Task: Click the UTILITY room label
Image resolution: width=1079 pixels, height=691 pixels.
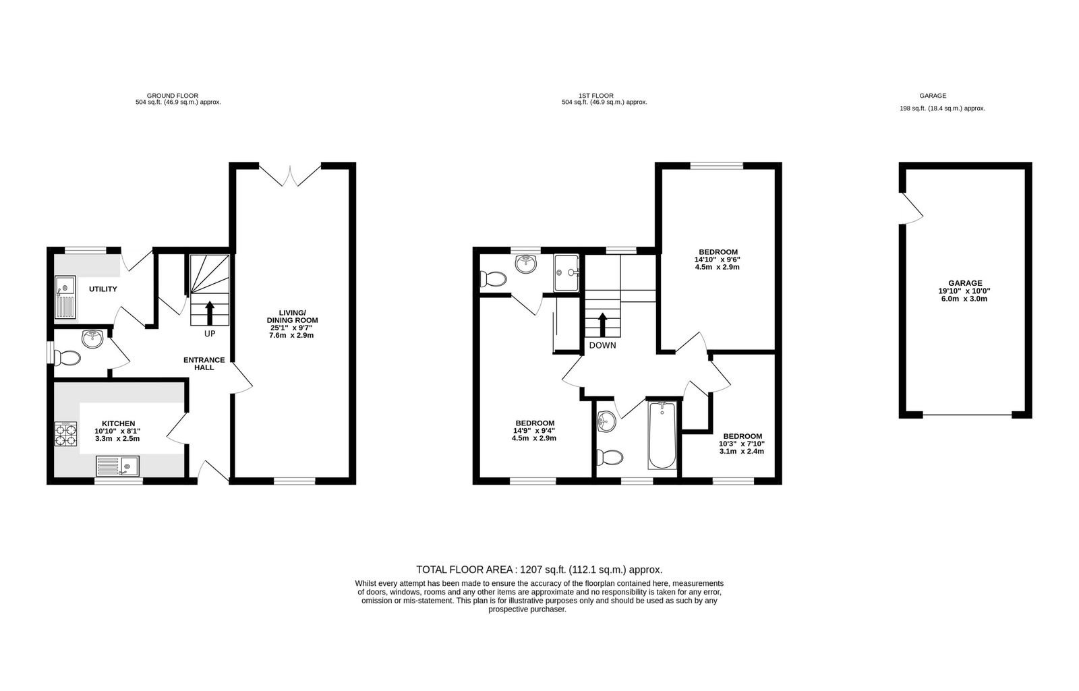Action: pyautogui.click(x=103, y=289)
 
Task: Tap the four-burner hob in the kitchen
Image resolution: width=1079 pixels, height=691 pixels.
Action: pyautogui.click(x=65, y=434)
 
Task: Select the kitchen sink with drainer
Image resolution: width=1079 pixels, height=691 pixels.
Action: pyautogui.click(x=117, y=466)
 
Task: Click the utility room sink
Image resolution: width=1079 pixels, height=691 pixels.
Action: pyautogui.click(x=65, y=297)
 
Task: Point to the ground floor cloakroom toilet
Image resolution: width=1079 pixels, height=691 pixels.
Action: pyautogui.click(x=67, y=358)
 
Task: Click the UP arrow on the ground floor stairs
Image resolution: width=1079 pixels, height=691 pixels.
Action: pyautogui.click(x=210, y=313)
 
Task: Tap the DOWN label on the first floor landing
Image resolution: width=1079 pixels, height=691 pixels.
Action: pyautogui.click(x=602, y=345)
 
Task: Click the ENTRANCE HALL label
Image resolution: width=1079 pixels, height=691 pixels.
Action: pyautogui.click(x=204, y=363)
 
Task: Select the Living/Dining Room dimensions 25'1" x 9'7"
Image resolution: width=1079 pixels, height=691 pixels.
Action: pyautogui.click(x=291, y=328)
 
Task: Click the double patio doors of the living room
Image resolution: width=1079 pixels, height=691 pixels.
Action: pyautogui.click(x=290, y=175)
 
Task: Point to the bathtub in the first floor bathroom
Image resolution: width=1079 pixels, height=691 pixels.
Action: pyautogui.click(x=662, y=435)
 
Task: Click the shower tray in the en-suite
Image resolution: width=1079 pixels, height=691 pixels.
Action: pyautogui.click(x=566, y=273)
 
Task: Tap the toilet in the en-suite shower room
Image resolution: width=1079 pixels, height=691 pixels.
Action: pyautogui.click(x=493, y=279)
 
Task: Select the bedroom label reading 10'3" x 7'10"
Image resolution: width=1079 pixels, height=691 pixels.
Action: pyautogui.click(x=742, y=444)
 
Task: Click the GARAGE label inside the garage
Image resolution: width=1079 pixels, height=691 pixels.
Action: pyautogui.click(x=965, y=283)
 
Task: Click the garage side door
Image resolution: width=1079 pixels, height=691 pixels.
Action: pyautogui.click(x=912, y=208)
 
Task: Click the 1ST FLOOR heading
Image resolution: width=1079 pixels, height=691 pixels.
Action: pyautogui.click(x=596, y=96)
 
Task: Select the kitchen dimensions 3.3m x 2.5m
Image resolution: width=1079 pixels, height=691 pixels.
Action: pyautogui.click(x=117, y=439)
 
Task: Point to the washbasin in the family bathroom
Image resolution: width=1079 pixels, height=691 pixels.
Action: pyautogui.click(x=606, y=422)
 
